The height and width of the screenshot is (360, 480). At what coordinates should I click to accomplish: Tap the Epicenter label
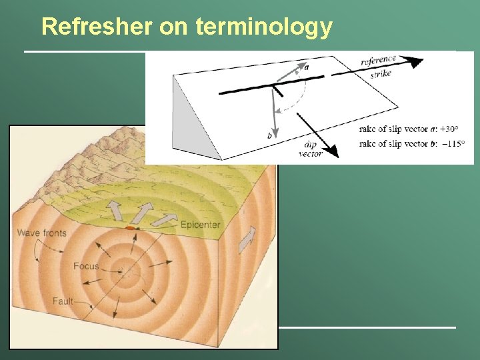[x=200, y=225]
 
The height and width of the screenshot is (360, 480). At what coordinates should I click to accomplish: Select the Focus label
[x=87, y=267]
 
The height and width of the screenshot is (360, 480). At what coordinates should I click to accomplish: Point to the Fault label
[x=63, y=301]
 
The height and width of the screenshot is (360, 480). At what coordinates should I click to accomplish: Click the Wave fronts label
[x=42, y=233]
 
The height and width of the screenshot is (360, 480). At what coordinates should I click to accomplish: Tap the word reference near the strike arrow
[x=378, y=62]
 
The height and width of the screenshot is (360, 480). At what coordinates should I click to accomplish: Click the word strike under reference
[x=380, y=74]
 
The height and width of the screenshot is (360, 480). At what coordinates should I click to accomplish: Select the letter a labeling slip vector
[x=306, y=67]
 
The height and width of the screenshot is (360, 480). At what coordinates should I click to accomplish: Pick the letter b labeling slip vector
[x=269, y=135]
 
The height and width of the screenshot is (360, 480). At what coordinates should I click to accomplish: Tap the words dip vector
[x=311, y=149]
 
